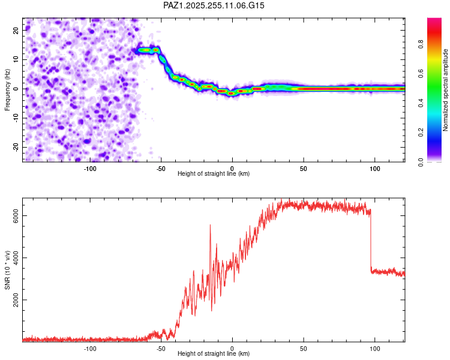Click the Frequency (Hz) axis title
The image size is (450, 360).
point(7,89)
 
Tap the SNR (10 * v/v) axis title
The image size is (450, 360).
point(7,270)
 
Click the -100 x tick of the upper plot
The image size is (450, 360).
point(90,169)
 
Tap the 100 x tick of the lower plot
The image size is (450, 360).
point(375,349)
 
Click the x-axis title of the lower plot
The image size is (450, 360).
point(214,354)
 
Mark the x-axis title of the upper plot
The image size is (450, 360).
point(214,174)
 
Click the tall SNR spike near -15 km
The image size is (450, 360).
point(211,226)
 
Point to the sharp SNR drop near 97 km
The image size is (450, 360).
point(371,240)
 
